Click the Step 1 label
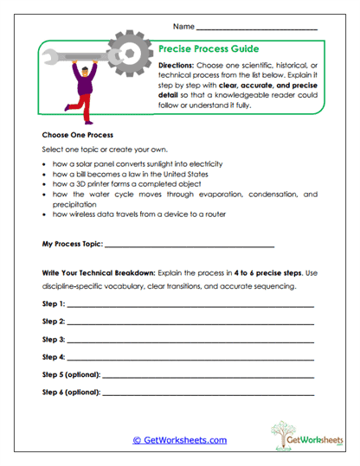point(54,303)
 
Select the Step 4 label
point(54,357)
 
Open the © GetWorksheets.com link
point(180,440)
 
